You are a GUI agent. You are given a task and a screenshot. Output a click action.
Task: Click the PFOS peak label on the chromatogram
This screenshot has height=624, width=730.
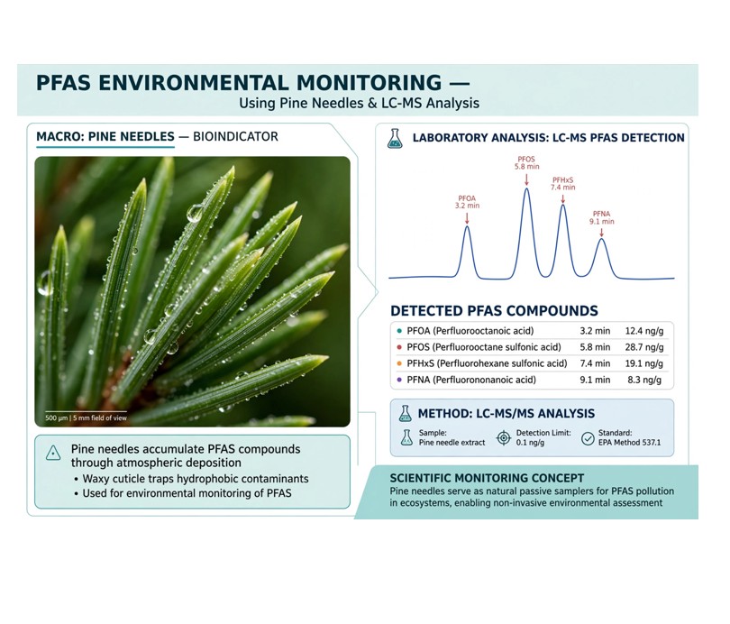(x=526, y=162)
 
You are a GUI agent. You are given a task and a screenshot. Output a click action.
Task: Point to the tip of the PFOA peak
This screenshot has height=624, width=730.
(x=467, y=226)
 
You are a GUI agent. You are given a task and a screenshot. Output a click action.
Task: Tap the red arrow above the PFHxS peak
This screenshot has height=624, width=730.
(x=563, y=197)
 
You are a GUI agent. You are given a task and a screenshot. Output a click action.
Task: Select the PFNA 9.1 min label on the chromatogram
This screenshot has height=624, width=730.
(x=601, y=217)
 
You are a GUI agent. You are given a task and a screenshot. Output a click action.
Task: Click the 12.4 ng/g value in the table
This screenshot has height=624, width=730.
(x=644, y=331)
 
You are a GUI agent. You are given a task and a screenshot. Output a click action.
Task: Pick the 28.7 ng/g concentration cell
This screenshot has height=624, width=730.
(x=644, y=347)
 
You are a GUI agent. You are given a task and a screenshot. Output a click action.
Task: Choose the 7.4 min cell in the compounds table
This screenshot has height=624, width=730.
(x=595, y=363)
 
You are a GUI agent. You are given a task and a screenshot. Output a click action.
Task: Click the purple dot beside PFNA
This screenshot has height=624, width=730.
(x=399, y=380)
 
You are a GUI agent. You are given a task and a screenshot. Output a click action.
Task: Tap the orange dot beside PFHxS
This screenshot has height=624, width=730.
(x=399, y=363)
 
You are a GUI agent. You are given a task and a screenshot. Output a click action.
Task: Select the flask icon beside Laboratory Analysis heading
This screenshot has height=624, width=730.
(x=395, y=138)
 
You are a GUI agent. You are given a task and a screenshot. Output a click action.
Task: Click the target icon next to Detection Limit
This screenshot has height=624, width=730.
(x=504, y=437)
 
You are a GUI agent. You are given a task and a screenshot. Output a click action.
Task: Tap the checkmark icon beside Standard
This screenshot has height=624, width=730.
(x=588, y=438)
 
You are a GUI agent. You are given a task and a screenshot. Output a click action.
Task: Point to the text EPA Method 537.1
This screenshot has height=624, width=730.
(x=629, y=443)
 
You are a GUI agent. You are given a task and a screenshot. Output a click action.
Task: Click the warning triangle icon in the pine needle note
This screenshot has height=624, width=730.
(x=53, y=453)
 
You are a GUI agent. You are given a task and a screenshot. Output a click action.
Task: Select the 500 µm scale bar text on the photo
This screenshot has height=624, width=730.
(x=86, y=418)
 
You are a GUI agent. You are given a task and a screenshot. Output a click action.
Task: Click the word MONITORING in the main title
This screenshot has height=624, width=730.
(x=369, y=83)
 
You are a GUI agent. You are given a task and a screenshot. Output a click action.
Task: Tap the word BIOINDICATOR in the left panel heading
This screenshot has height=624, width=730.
(x=235, y=136)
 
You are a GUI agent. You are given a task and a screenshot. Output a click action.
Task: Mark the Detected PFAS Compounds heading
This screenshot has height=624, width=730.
(x=494, y=310)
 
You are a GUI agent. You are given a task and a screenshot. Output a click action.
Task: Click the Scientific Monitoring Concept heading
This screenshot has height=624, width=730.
(x=487, y=478)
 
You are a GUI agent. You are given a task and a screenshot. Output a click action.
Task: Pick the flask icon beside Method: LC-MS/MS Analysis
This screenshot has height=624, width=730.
(x=405, y=414)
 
